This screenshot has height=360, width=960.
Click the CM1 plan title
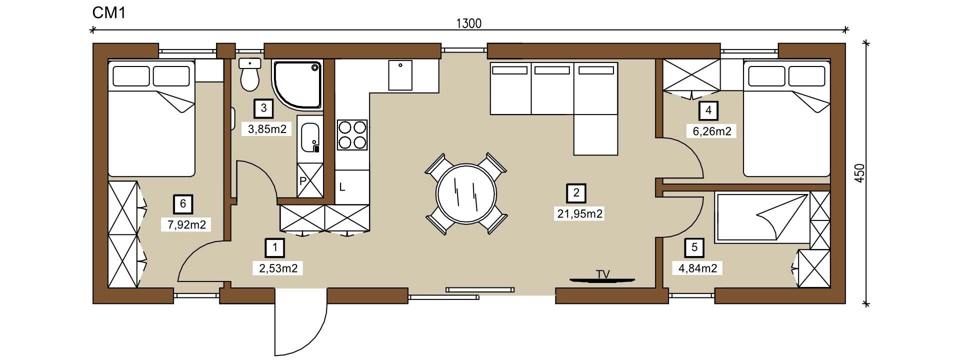click(108, 13)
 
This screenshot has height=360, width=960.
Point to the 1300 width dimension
click(469, 23)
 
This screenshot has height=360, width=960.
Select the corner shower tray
click(297, 84)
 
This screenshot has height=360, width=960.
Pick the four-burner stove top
click(352, 134)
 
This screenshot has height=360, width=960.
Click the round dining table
click(466, 194)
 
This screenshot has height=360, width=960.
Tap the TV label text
click(603, 274)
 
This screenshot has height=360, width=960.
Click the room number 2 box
click(576, 192)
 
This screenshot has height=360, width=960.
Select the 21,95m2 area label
click(580, 214)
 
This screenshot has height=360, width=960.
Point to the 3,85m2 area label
click(267, 129)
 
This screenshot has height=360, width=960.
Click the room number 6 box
click(183, 203)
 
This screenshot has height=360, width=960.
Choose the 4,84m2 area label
click(698, 268)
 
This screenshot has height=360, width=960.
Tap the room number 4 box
click(708, 110)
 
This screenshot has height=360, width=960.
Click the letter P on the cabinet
click(302, 181)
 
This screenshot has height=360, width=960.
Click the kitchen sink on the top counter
click(400, 75)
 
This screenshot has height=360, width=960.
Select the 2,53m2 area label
click(278, 268)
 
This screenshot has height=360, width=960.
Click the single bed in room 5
click(762, 217)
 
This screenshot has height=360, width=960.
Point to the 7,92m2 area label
click(187, 224)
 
